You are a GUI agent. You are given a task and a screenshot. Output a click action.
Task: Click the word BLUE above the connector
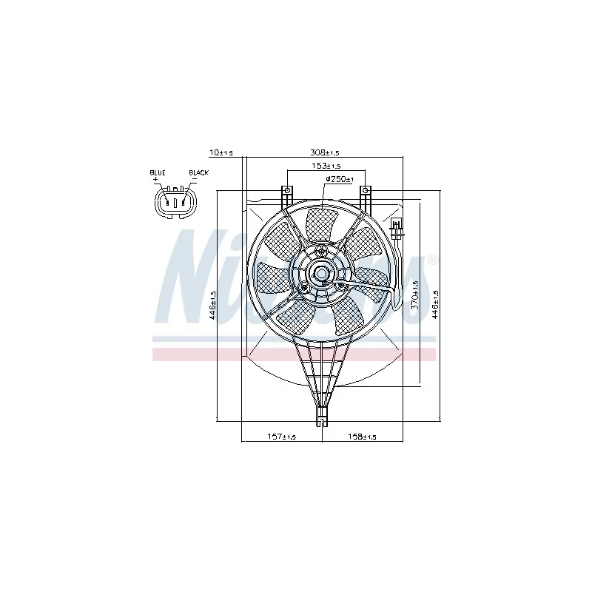[x=158, y=172]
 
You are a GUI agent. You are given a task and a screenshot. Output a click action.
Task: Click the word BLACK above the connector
[x=198, y=172]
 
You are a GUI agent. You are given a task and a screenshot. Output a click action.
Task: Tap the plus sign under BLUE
[x=156, y=180]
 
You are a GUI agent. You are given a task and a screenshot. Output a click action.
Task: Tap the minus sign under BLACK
[x=194, y=180]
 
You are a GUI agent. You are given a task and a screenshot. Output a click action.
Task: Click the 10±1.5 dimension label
[x=221, y=152]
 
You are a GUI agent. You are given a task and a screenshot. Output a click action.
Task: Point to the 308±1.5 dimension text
[x=323, y=152]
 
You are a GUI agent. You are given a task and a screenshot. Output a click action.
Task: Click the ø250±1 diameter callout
[x=340, y=180]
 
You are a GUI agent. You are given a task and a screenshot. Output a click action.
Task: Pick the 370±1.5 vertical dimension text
[x=416, y=295]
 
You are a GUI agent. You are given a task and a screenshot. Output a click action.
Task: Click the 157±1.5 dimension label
[x=281, y=437]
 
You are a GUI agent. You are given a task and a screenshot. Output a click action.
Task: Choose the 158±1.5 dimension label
[x=362, y=437]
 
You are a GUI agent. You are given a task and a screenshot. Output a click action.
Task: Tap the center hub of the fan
[x=323, y=273]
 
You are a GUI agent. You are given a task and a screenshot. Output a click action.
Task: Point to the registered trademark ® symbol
[x=434, y=260]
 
